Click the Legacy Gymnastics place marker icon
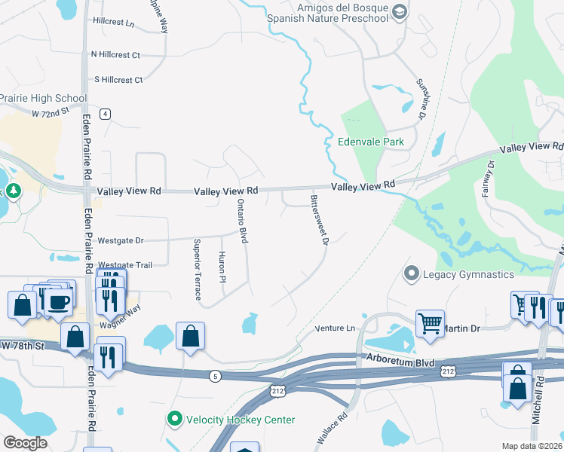point(412,273)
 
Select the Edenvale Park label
point(371,142)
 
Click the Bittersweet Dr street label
point(318,220)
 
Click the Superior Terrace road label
point(197,258)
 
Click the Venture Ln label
point(334,328)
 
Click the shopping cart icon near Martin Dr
point(430,322)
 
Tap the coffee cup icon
point(59,301)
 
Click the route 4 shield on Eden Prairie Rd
point(106,114)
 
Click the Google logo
point(26,443)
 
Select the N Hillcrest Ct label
point(115,55)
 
